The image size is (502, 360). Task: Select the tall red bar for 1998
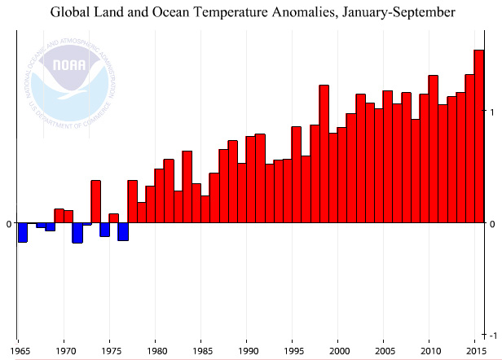324,154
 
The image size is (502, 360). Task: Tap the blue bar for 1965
23,232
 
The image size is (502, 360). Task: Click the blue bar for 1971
77,233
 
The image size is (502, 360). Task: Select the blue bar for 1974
104,230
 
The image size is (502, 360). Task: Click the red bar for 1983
187,187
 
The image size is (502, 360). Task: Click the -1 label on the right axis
491,336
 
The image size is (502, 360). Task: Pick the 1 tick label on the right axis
491,110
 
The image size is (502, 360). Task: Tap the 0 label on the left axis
8,223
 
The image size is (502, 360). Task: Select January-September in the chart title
386,12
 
